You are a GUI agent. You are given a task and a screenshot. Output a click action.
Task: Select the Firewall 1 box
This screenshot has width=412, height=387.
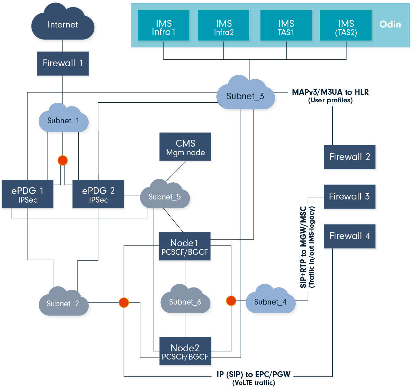pos(63,64)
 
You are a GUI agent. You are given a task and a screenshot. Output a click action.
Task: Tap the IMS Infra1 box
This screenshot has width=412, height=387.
pos(164,25)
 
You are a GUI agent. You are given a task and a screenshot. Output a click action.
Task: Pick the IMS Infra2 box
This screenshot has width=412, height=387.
pos(224,25)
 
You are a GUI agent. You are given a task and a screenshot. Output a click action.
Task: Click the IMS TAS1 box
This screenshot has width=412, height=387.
pos(286,25)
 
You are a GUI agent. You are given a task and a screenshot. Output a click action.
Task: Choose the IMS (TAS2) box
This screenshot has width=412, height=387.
pos(346,25)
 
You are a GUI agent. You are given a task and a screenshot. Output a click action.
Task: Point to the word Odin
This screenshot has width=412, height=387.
pos(390,24)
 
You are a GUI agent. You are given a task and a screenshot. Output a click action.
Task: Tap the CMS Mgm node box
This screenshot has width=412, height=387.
pos(185,147)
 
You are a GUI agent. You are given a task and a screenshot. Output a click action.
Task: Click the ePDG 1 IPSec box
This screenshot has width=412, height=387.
pos(27,194)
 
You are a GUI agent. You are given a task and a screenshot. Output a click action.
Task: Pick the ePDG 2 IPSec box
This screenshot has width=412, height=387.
pos(98,194)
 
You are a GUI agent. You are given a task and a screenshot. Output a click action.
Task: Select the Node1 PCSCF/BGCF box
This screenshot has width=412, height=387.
pos(185,247)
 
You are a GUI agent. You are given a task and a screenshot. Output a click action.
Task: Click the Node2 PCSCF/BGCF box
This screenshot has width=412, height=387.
pos(185,352)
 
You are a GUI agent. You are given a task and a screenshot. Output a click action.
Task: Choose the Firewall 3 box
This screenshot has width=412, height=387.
pos(350,197)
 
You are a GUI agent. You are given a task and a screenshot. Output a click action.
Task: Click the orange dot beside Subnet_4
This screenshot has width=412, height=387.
pos(231,301)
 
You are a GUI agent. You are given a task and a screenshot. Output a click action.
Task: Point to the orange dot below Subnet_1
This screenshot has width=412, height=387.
pos(62,160)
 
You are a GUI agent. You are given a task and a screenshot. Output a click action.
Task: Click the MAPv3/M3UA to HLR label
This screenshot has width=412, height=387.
pos(330,92)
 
